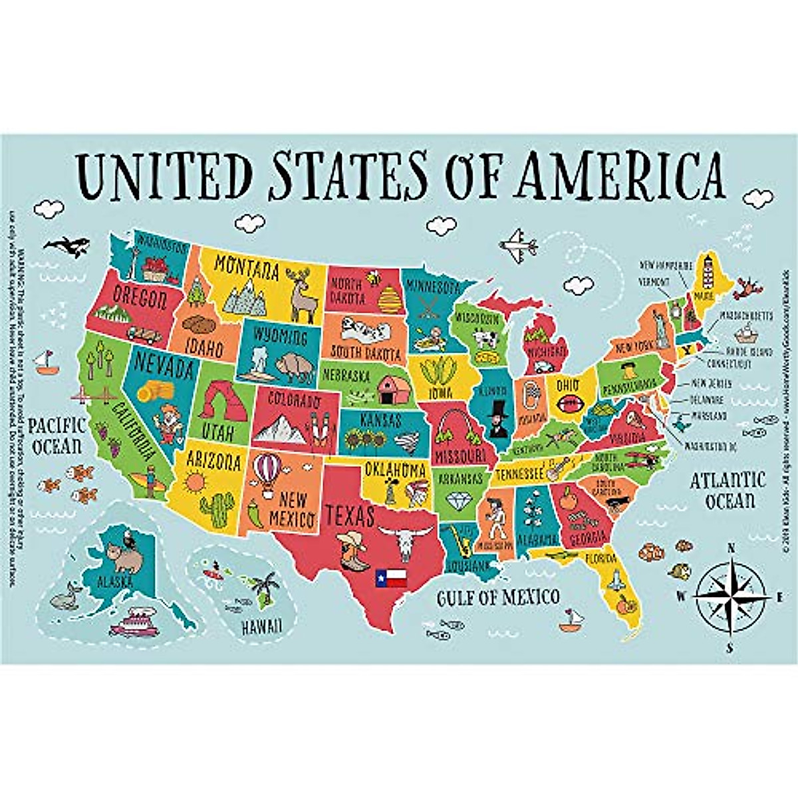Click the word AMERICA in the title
coord(622,174)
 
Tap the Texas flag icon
coord(390,577)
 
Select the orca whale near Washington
coord(66,247)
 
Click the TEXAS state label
coord(349,515)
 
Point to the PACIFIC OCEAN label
coord(58,436)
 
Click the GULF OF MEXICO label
coord(497,597)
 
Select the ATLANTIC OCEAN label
coord(727,489)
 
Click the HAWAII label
coord(261,626)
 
